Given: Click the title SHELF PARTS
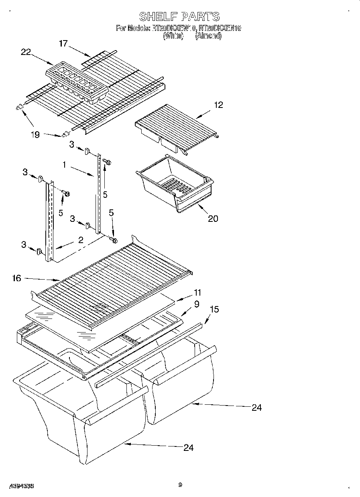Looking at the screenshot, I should click(x=179, y=16).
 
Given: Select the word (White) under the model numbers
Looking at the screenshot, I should click(x=173, y=36).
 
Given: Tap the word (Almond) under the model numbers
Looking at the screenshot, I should click(x=208, y=36).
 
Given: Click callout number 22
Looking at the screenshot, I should click(x=26, y=52).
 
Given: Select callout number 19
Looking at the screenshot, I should click(x=35, y=135).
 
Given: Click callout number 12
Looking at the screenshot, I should click(x=218, y=105).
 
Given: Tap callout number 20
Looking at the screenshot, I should click(x=213, y=218).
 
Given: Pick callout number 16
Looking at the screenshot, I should click(x=16, y=278).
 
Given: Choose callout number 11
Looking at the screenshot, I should click(x=197, y=292).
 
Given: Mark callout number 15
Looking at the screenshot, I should click(x=214, y=309).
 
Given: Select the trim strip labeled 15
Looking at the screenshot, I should click(x=148, y=355).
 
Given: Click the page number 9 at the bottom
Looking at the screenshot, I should click(x=180, y=485).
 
